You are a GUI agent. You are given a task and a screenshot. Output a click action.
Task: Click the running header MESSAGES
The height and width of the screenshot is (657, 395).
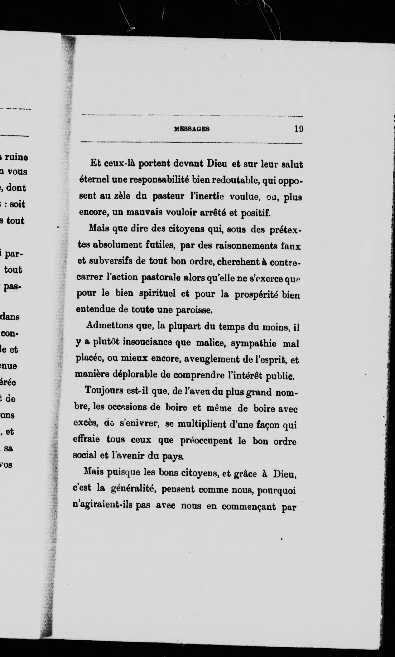tap(192, 129)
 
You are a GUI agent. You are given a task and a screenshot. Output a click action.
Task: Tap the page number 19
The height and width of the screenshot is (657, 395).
tap(299, 129)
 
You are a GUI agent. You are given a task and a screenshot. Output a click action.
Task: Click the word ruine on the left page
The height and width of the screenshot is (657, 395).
tap(16, 157)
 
